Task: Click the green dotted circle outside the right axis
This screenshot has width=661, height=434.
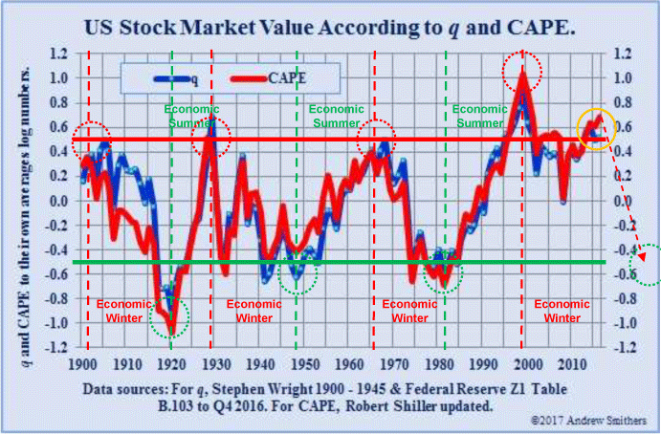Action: coord(649,266)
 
